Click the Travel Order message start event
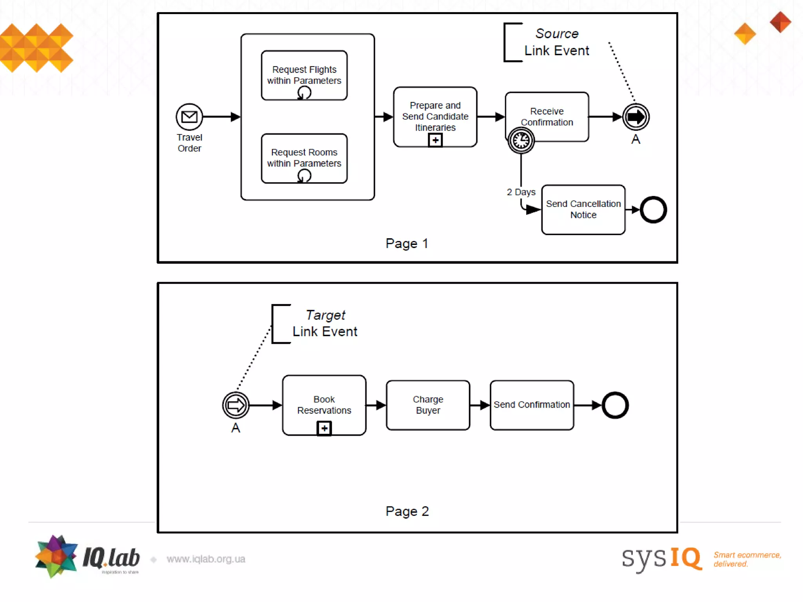[x=189, y=117]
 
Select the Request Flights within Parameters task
[x=304, y=75]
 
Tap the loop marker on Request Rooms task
[x=304, y=176]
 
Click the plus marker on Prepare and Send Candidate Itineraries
[x=435, y=140]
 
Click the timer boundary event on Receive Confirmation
[x=521, y=140]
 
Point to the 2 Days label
[x=521, y=192]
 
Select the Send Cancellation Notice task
[x=583, y=210]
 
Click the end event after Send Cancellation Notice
[x=653, y=210]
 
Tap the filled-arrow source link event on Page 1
[x=636, y=117]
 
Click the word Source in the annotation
[x=557, y=34]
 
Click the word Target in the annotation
[x=325, y=315]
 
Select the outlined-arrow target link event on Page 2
[x=236, y=405]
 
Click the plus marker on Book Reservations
[x=324, y=428]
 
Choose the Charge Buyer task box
[x=428, y=405]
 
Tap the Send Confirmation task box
[x=532, y=405]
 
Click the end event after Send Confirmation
[x=615, y=405]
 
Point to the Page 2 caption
[x=407, y=511]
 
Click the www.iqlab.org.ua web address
[x=206, y=559]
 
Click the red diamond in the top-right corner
[x=780, y=22]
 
